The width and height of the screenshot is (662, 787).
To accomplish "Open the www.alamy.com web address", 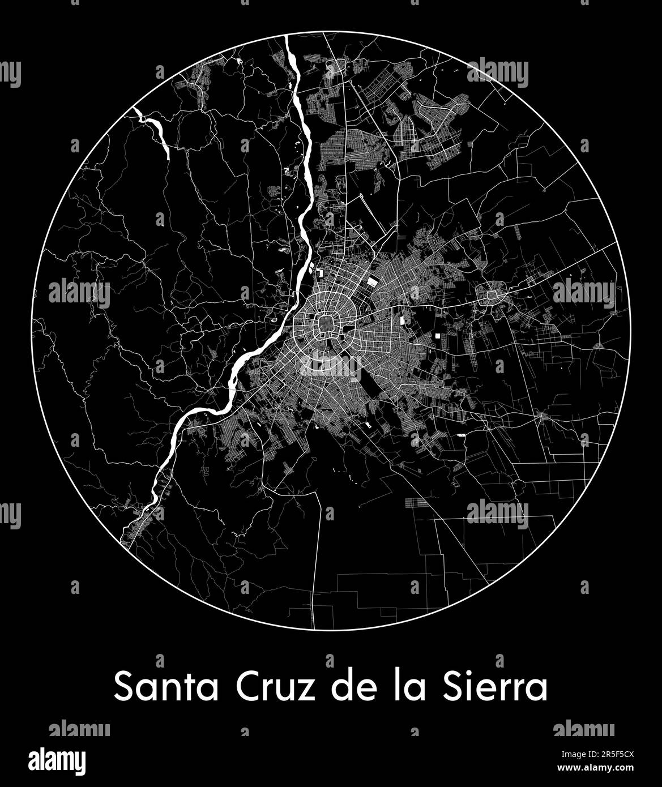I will (x=595, y=768).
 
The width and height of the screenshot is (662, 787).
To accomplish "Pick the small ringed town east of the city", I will (x=488, y=294).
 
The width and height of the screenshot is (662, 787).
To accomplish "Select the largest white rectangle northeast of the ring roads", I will (x=372, y=281).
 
